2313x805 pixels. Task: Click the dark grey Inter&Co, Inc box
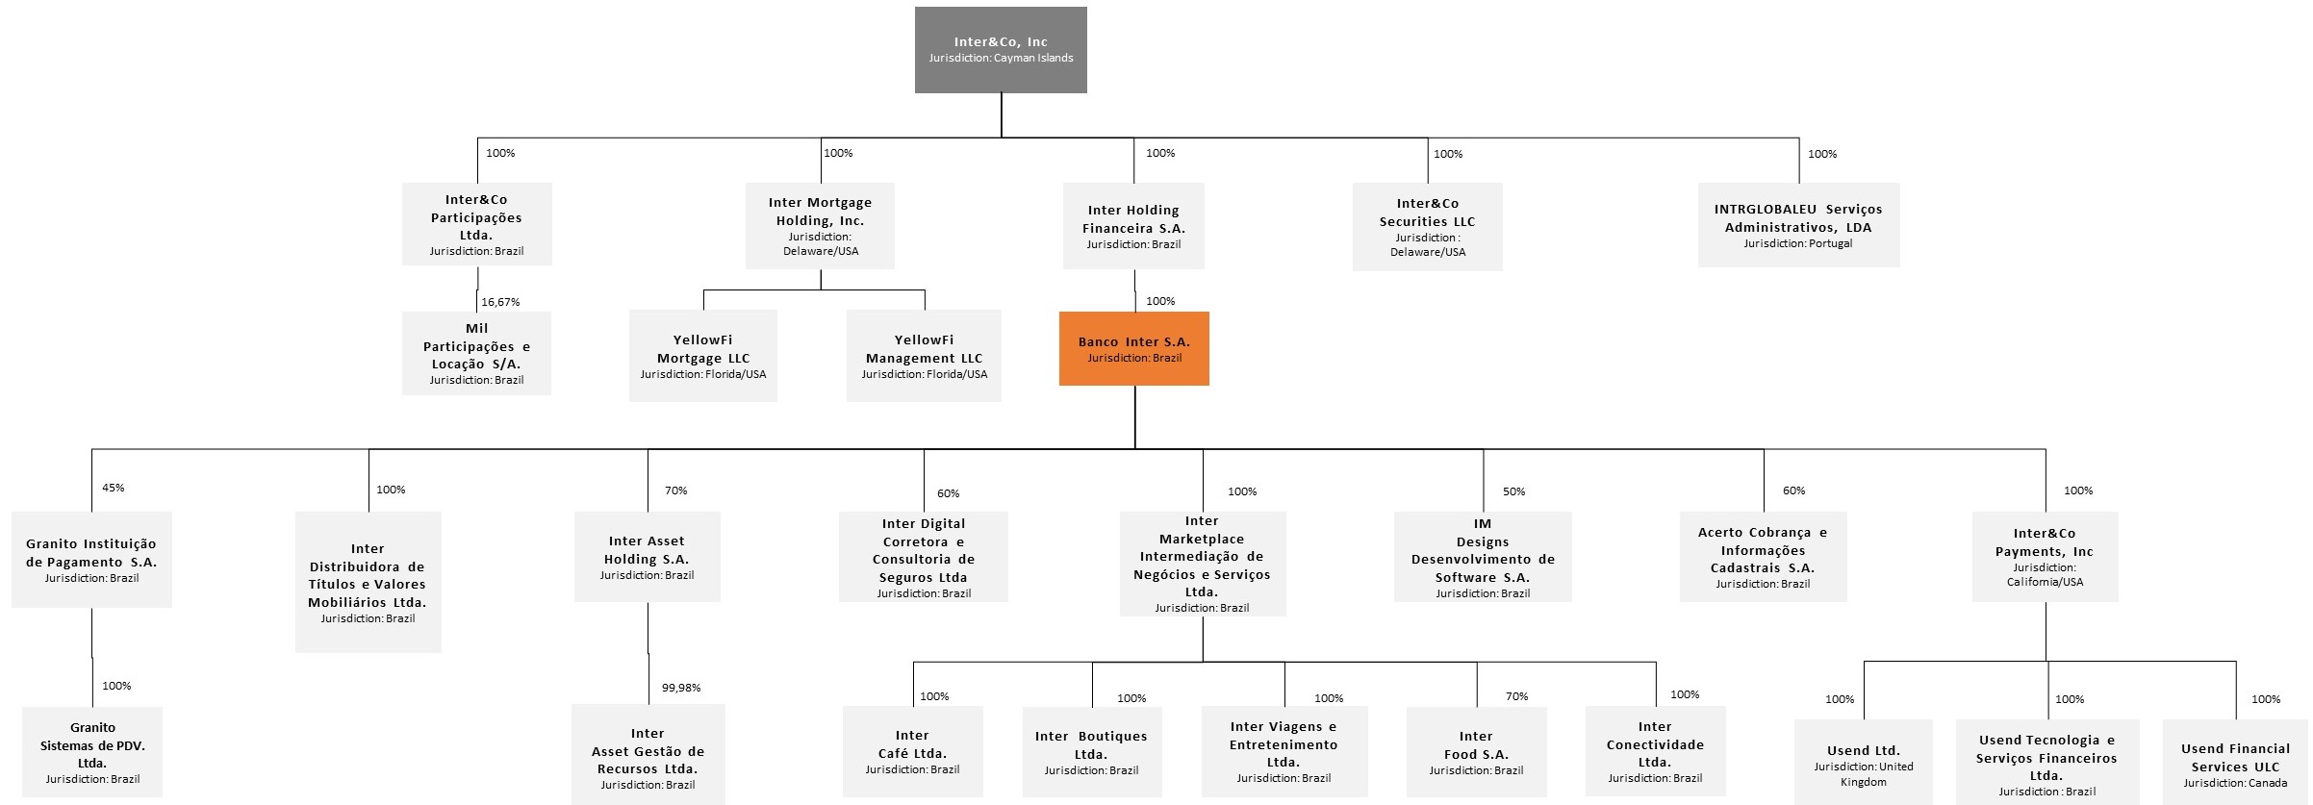pos(1001,50)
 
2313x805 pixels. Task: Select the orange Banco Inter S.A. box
pos(1133,349)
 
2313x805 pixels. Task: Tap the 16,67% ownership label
pos(500,302)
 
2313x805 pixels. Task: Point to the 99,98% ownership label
pos(681,688)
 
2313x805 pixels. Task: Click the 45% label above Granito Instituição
pos(113,488)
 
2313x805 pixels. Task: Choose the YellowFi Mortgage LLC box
pos(703,356)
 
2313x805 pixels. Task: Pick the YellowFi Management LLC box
pos(924,356)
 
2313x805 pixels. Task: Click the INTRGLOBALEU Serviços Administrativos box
pos(1797,225)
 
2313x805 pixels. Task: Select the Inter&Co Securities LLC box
pos(1427,227)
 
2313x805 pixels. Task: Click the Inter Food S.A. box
pos(1476,752)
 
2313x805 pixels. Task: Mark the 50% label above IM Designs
pos(1513,491)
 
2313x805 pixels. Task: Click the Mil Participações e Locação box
pos(476,353)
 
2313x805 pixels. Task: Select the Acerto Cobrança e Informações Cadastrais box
pos(1763,557)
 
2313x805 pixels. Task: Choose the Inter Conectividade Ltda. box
pos(1655,751)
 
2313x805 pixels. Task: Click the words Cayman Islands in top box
pos(1033,58)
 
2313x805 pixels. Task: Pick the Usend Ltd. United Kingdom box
pos(1863,763)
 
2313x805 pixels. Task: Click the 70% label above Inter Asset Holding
pos(675,491)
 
